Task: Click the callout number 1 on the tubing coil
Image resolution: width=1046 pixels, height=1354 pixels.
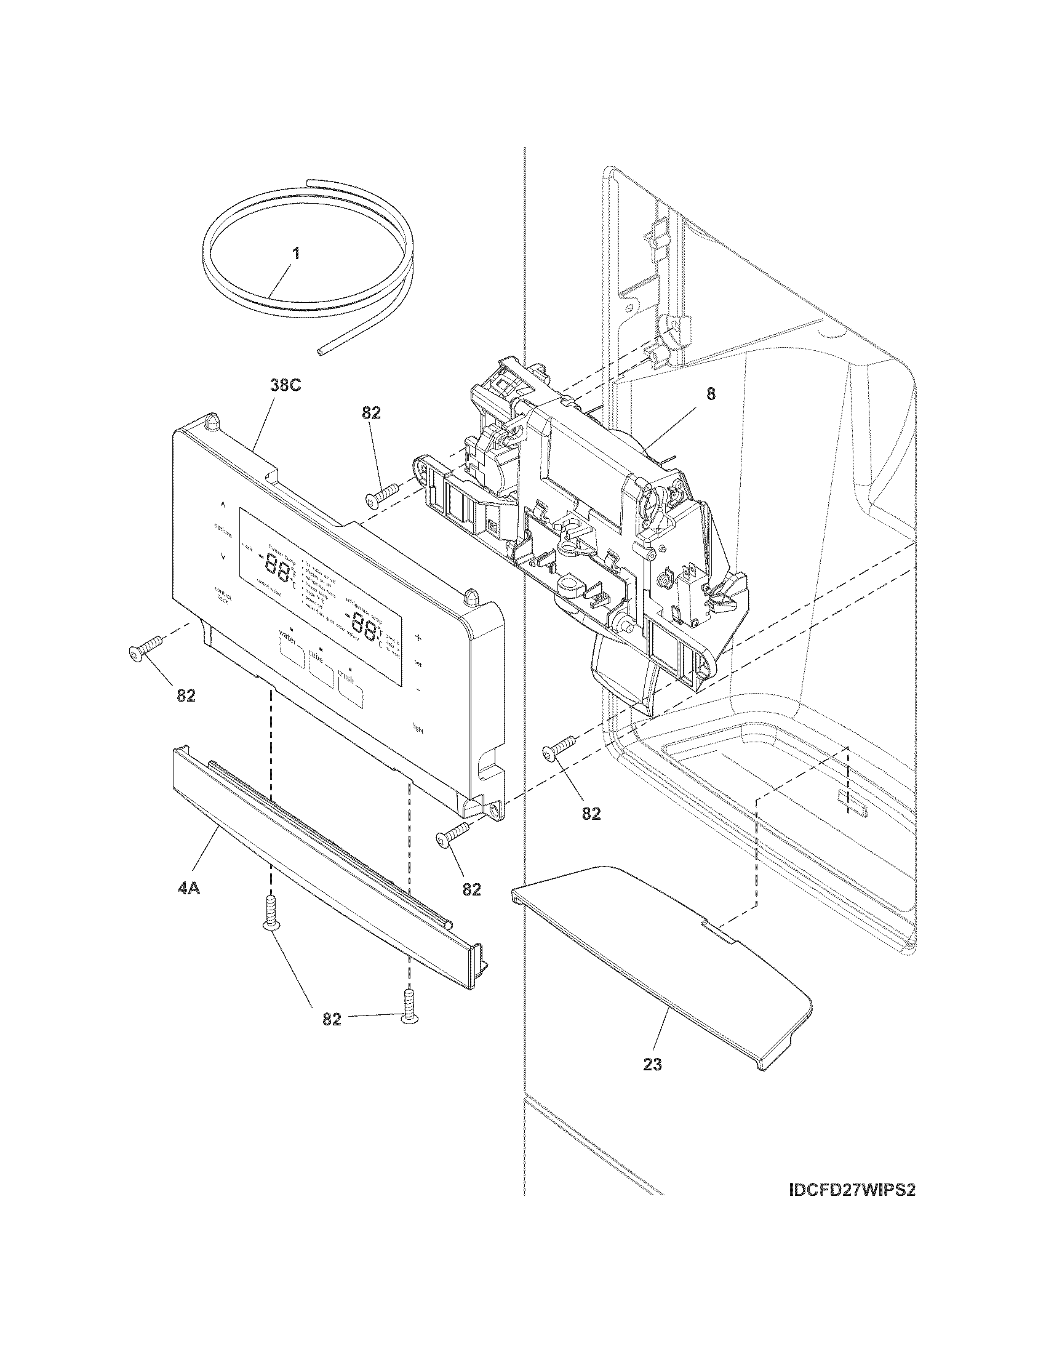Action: click(x=296, y=253)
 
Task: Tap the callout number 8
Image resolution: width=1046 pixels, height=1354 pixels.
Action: click(x=711, y=394)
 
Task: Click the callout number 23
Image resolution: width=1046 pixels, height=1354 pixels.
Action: click(x=652, y=1065)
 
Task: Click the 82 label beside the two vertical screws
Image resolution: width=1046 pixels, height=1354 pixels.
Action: click(x=332, y=1019)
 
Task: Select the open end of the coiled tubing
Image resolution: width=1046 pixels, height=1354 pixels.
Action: click(x=319, y=351)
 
